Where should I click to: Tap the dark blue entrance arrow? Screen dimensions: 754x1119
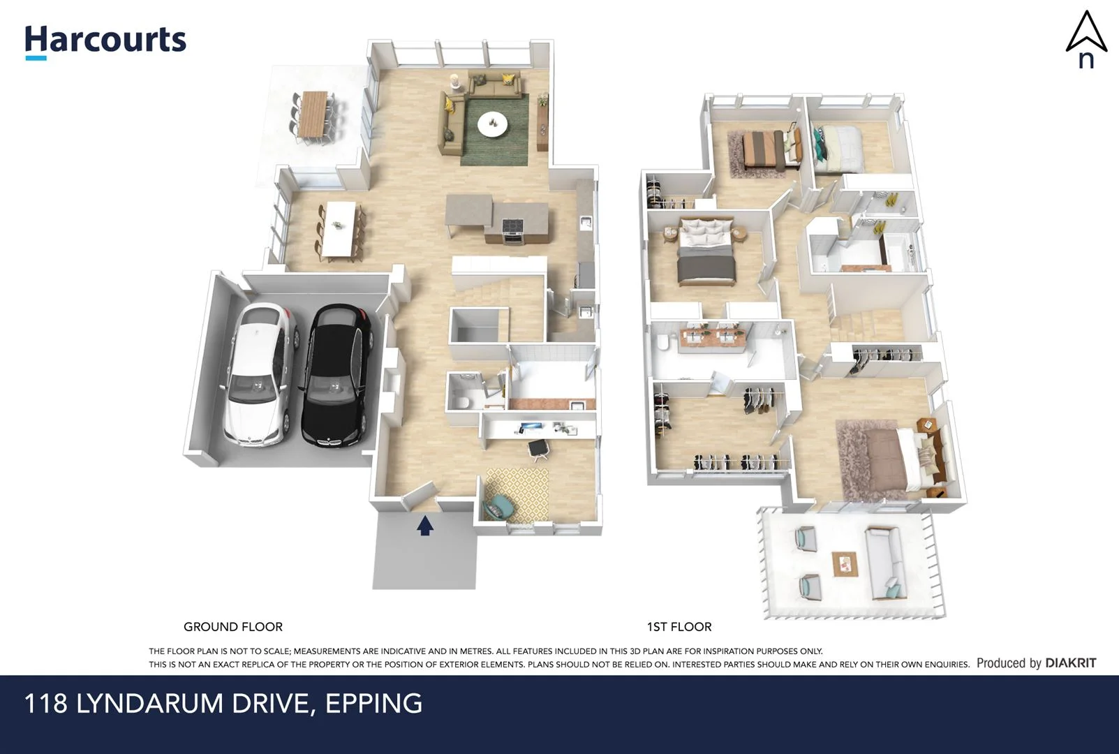[425, 525]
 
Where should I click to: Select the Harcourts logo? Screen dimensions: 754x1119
[105, 40]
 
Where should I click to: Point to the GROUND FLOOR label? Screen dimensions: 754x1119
[232, 627]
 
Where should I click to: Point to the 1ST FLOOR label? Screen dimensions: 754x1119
[679, 627]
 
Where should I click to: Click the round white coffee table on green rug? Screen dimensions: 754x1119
[493, 124]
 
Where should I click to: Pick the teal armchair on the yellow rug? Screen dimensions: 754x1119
[497, 505]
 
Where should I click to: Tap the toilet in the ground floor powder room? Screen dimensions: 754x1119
[461, 401]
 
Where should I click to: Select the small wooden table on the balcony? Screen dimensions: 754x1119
[844, 563]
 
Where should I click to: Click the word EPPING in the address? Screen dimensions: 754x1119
[373, 703]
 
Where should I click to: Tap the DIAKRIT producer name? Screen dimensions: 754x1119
[1070, 663]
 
